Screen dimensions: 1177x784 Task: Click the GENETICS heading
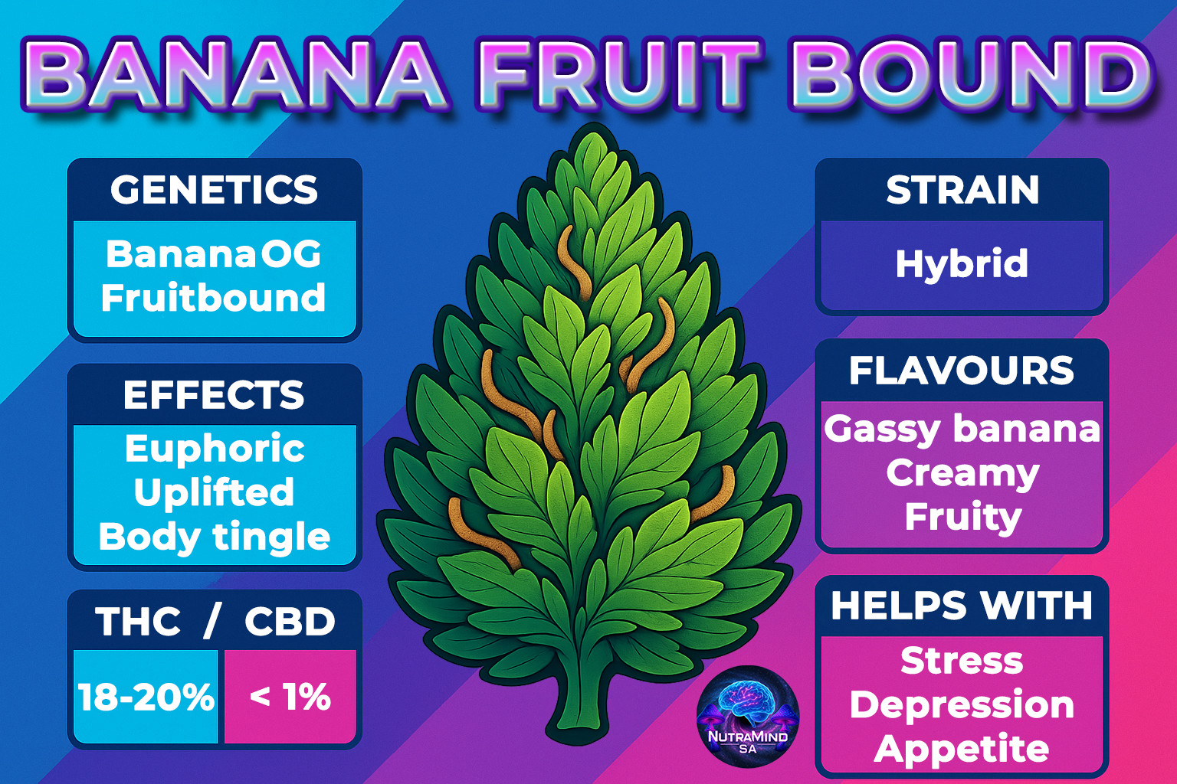click(x=214, y=190)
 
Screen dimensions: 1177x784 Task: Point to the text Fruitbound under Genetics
click(x=213, y=297)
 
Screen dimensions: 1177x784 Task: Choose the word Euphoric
click(x=215, y=449)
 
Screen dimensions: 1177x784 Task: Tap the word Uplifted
click(x=214, y=492)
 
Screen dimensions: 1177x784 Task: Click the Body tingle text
click(x=215, y=537)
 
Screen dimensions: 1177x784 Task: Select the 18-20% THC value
click(x=146, y=697)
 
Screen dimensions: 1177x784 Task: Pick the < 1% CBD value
click(x=290, y=697)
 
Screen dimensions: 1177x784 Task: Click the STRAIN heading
click(x=962, y=190)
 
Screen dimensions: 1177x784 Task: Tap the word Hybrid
click(x=962, y=263)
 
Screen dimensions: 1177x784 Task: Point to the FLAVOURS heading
click(x=962, y=371)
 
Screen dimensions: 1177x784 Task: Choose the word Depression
click(x=962, y=705)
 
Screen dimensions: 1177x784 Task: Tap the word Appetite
click(x=962, y=750)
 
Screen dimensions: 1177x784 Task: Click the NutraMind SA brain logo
click(x=748, y=717)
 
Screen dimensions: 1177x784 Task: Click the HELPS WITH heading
click(x=962, y=606)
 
